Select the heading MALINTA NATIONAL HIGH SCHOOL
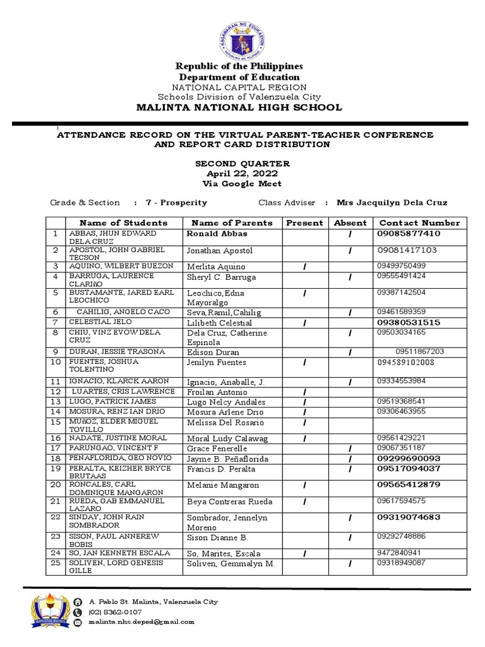239,107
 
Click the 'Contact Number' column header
419,222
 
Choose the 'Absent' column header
350,222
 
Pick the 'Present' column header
304,222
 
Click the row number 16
56,438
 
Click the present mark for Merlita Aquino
304,267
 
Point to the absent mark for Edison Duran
350,352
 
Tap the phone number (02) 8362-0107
115,612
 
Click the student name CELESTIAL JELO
99,322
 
